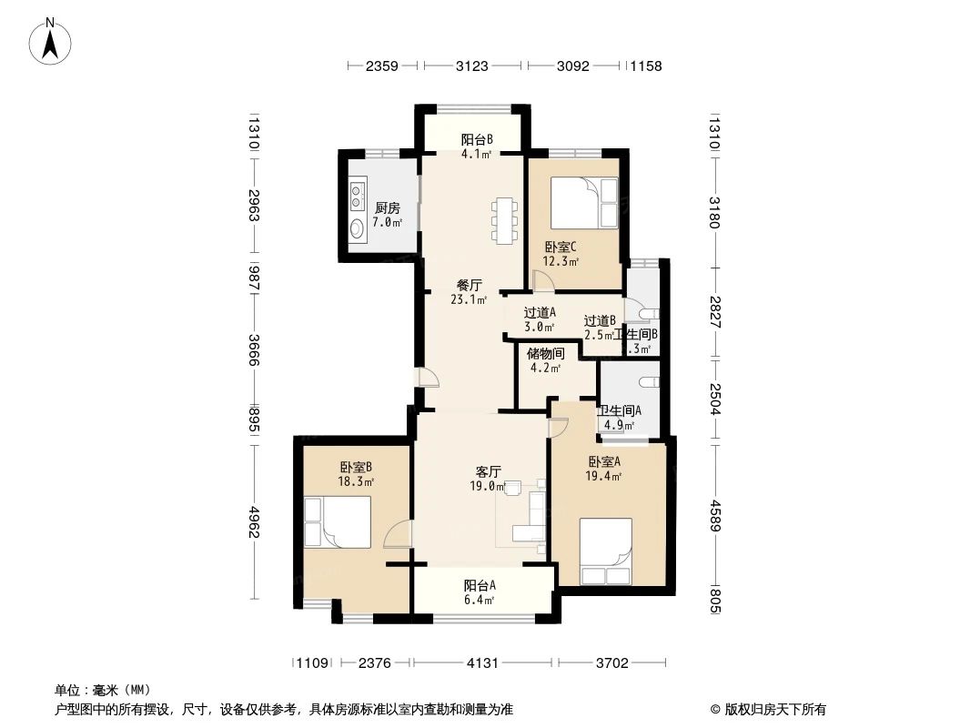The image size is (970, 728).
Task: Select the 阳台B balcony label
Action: tap(476, 139)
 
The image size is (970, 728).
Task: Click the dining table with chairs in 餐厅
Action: tap(503, 220)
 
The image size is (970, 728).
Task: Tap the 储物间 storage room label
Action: tap(546, 354)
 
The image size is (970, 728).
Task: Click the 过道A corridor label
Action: tap(539, 313)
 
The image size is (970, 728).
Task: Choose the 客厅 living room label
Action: tap(489, 471)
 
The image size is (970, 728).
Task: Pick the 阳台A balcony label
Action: tap(479, 585)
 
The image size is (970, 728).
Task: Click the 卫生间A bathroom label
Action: tap(619, 410)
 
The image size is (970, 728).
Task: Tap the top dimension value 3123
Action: tap(472, 66)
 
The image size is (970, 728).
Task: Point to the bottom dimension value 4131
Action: tap(483, 663)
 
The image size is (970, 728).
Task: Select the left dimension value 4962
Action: tap(255, 521)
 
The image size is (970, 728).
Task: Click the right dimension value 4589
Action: tap(715, 515)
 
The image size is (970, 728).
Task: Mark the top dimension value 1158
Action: tap(645, 66)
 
